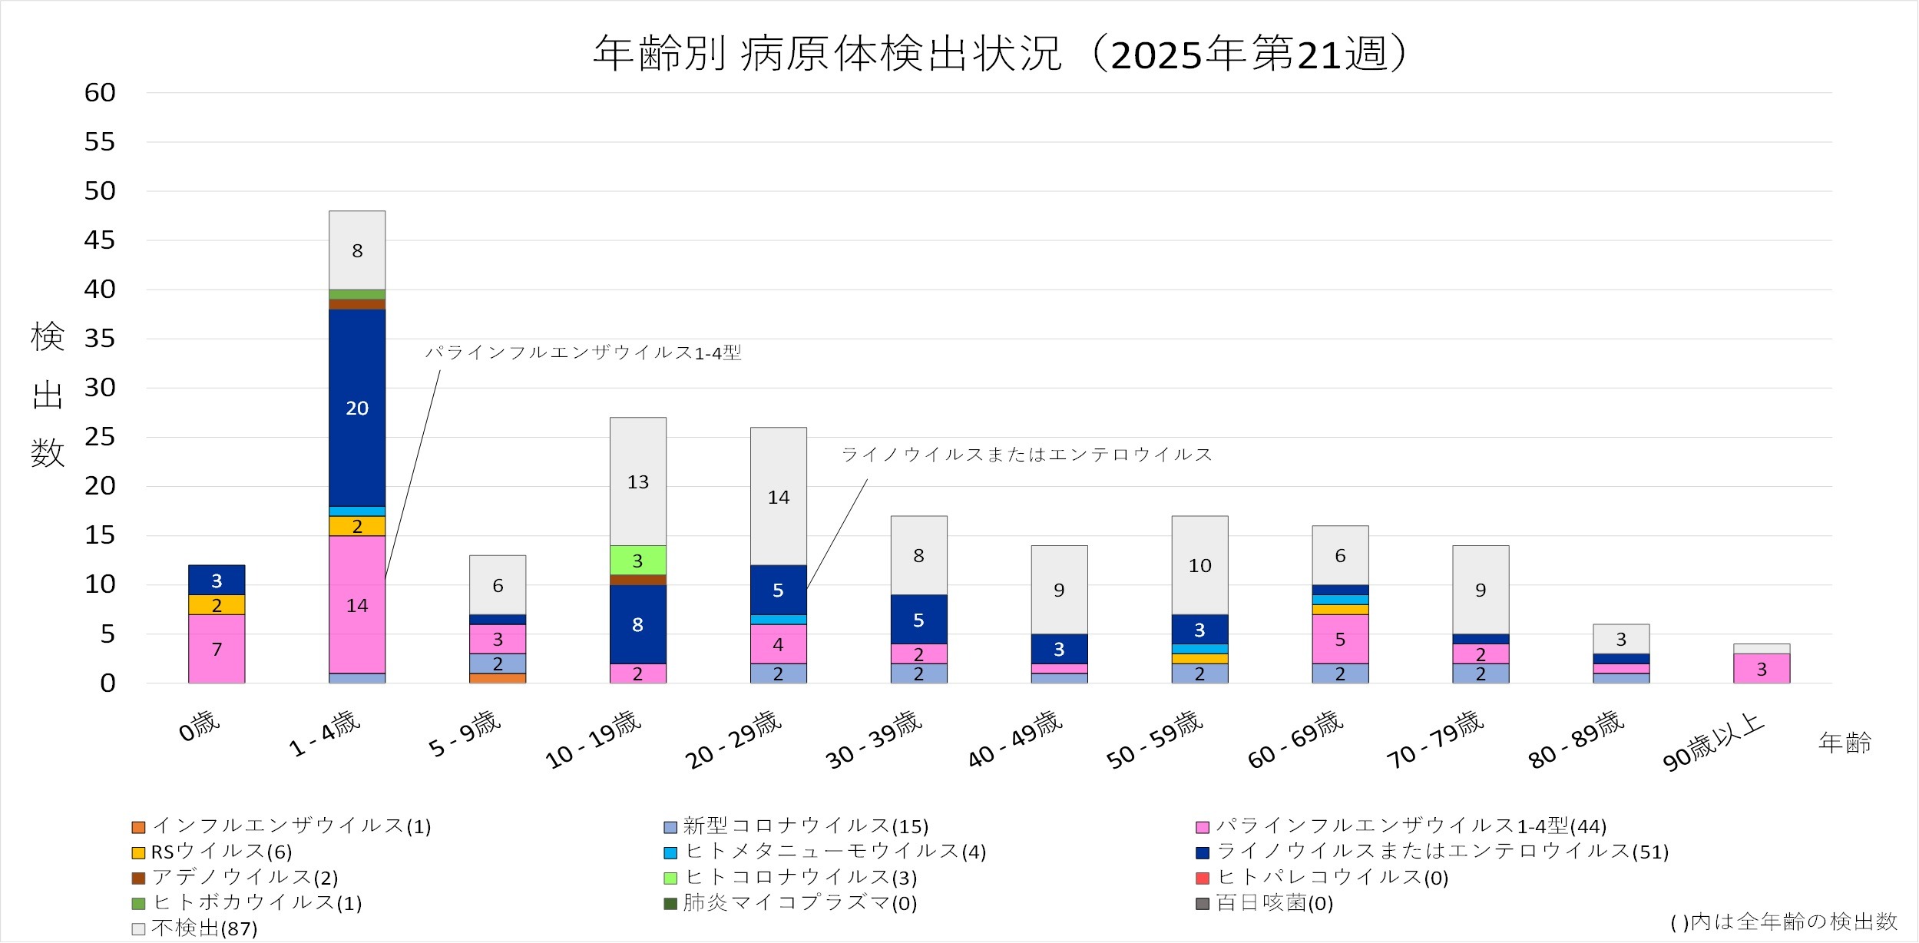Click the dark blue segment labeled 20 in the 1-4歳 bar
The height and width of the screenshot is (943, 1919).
[357, 408]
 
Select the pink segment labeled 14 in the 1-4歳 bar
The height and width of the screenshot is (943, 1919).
[357, 604]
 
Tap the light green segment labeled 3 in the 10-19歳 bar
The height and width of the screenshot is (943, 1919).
[637, 561]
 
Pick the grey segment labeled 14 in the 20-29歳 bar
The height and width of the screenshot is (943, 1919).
[778, 496]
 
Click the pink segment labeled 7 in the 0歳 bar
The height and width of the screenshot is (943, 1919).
[217, 649]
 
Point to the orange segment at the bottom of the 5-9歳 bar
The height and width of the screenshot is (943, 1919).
[498, 678]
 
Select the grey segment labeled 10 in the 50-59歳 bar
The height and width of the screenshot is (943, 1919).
[1199, 565]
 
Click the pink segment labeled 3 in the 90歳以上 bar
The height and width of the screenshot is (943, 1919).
[1761, 669]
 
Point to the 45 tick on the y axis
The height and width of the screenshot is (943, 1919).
[100, 240]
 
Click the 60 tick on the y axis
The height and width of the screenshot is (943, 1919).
[100, 93]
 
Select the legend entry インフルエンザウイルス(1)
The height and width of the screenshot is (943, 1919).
[282, 826]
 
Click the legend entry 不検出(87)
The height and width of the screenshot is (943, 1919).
[195, 928]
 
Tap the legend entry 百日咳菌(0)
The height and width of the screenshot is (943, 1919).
[1265, 902]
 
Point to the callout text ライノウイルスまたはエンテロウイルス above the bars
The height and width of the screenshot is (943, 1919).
[1027, 455]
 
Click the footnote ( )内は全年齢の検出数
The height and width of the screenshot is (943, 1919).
[1783, 921]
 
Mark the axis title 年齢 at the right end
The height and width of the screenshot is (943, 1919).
[1845, 743]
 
